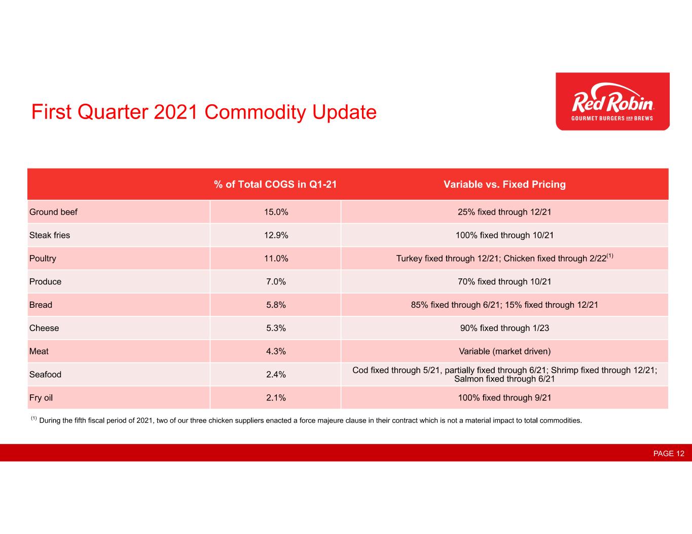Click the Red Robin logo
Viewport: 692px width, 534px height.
click(x=612, y=102)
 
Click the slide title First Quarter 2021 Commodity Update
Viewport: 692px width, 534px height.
click(x=204, y=112)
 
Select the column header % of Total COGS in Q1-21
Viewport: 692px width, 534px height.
click(x=275, y=184)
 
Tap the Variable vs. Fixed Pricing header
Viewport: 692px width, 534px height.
click(x=504, y=184)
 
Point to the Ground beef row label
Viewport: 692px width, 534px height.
click(x=53, y=212)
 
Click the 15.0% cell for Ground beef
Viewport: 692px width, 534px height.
click(x=276, y=212)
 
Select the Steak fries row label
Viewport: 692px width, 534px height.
click(x=50, y=235)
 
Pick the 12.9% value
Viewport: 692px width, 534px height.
click(x=276, y=235)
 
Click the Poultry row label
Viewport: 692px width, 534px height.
click(x=43, y=259)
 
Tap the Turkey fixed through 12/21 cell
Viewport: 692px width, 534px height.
click(x=504, y=259)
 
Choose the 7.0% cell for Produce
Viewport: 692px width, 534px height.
click(x=276, y=282)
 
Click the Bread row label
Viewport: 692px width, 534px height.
click(x=41, y=305)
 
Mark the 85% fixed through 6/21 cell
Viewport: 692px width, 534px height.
click(x=504, y=305)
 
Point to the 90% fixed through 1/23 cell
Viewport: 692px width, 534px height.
click(x=504, y=328)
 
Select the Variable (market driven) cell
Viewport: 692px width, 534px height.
click(x=504, y=351)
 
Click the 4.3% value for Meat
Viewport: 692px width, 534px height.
click(x=276, y=351)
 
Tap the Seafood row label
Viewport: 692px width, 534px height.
click(x=45, y=375)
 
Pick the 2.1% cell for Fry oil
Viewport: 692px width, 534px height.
click(x=276, y=398)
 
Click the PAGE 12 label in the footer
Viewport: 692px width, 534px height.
click(x=669, y=454)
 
